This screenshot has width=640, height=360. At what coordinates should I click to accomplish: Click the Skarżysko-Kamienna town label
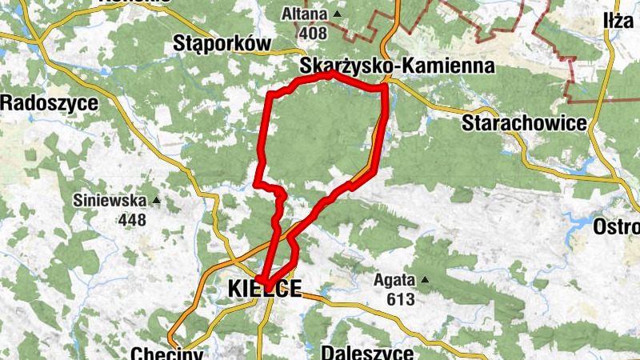tap(397, 66)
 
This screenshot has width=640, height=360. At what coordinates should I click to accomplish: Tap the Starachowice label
tap(524, 123)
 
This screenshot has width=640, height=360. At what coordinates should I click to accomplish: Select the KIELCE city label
tap(265, 289)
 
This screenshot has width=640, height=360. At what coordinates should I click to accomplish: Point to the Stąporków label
tap(222, 45)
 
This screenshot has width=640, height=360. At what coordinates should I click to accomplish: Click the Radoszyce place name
tap(50, 102)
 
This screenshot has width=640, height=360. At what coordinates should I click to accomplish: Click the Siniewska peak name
tap(110, 200)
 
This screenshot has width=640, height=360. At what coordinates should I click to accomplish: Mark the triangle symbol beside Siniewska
tap(157, 200)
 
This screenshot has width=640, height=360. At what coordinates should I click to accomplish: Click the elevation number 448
tap(132, 218)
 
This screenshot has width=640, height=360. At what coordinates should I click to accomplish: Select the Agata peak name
tap(395, 280)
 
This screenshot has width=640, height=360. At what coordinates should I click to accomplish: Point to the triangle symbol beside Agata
tap(426, 280)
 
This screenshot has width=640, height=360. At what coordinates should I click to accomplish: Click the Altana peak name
tap(305, 14)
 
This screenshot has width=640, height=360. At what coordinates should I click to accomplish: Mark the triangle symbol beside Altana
tap(337, 14)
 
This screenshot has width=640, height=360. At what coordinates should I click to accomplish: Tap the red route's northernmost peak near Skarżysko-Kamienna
tap(332, 73)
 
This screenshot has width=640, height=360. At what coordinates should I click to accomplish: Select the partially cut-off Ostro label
tap(616, 227)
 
